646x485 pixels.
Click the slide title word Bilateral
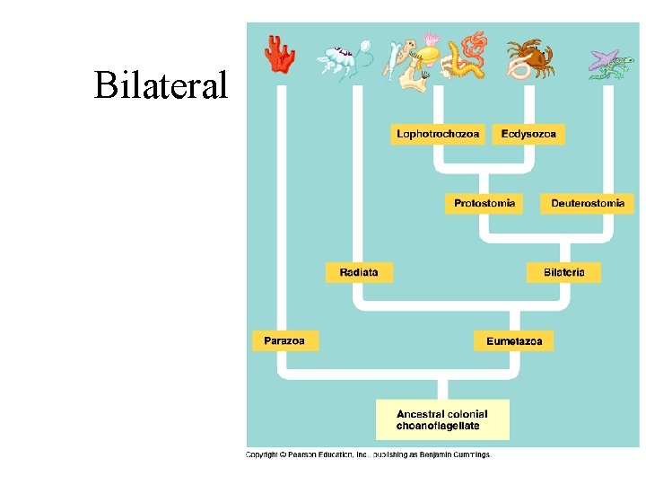coord(161,85)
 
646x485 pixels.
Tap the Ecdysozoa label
coord(528,135)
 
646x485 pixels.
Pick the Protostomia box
coord(484,204)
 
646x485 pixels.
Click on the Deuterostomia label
coord(587,204)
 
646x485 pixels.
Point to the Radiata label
coord(359,272)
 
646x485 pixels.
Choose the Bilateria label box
coord(563,272)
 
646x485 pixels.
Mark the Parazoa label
coord(284,340)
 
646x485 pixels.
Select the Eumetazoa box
coord(513,340)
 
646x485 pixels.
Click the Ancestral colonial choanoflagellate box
coord(442,419)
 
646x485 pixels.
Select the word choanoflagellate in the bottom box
coord(438,426)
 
